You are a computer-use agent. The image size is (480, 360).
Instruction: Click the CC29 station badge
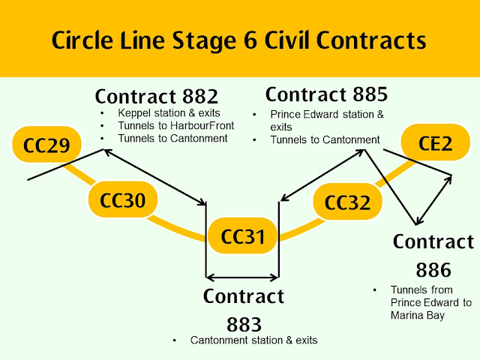tap(46, 144)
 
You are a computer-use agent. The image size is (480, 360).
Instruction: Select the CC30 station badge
tap(123, 199)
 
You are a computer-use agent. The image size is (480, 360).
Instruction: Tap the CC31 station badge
tap(243, 235)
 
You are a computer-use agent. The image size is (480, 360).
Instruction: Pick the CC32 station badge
tap(347, 202)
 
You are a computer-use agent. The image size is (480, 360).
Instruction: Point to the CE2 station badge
tap(435, 142)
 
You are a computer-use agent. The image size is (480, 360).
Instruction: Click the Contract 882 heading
tap(157, 97)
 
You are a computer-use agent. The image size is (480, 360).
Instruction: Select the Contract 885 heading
tap(327, 94)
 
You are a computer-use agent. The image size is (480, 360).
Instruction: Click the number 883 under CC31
tap(244, 325)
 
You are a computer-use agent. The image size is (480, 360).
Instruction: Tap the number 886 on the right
tap(433, 270)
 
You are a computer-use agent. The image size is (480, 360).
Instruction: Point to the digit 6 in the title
tap(250, 40)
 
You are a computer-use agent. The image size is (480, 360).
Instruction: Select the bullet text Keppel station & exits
tap(169, 113)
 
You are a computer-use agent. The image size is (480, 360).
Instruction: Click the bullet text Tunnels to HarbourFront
tap(176, 125)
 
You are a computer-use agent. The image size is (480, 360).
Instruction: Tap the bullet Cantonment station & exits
tap(253, 340)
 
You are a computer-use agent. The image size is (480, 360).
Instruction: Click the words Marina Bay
tap(418, 315)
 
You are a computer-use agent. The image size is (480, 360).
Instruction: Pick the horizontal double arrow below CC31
tap(242, 277)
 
